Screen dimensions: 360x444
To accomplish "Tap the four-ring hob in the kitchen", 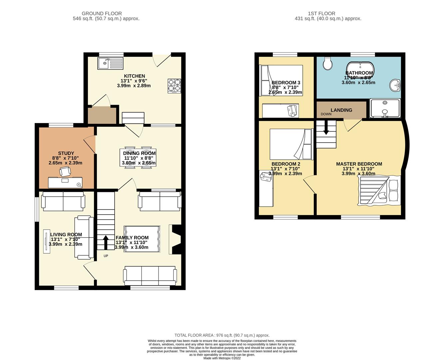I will [x=174, y=86].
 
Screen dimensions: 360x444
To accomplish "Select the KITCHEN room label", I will [x=135, y=76].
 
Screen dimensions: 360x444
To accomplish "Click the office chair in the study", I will [x=65, y=171].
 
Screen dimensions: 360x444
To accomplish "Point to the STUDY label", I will [x=66, y=153].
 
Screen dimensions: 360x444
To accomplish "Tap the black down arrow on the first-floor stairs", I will [x=326, y=128].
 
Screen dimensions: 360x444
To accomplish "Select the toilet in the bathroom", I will [x=327, y=64].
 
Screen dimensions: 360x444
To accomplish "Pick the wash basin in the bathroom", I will [x=395, y=85].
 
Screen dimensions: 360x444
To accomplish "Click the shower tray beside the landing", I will [x=385, y=108].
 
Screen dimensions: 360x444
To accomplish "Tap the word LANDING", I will [x=341, y=110].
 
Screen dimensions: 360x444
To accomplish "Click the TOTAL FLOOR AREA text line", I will [x=222, y=335].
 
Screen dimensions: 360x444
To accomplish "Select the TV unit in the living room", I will [x=46, y=241].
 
